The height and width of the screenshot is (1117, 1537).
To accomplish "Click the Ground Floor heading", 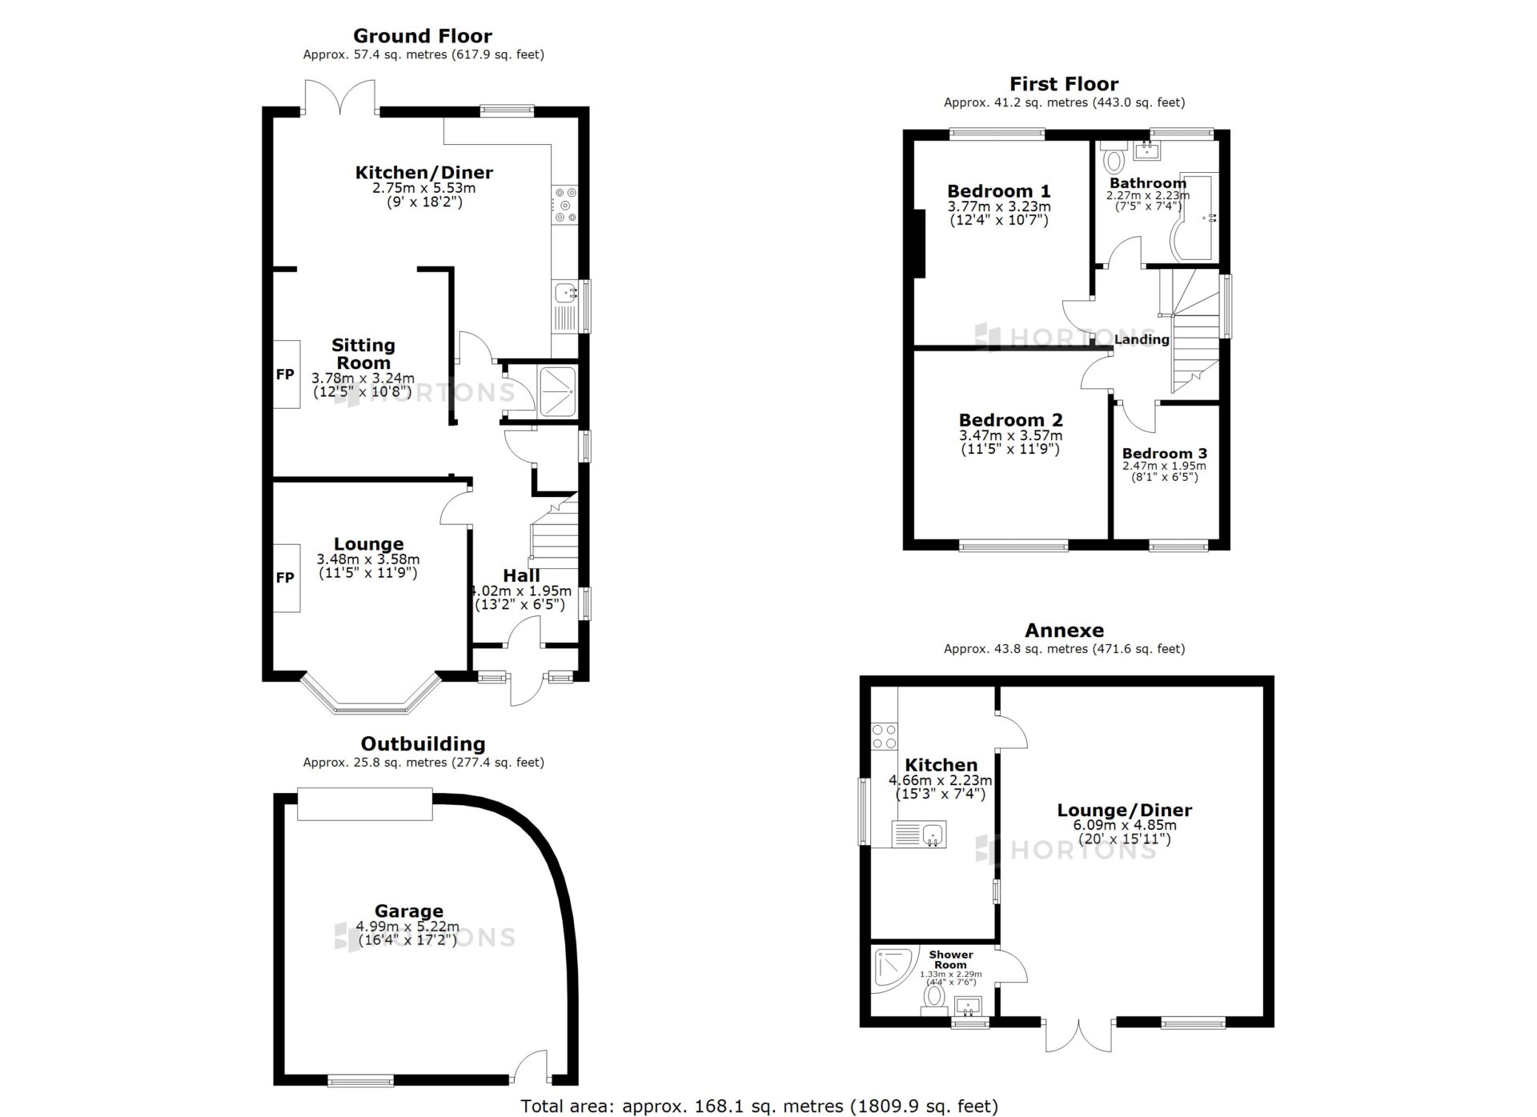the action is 423,36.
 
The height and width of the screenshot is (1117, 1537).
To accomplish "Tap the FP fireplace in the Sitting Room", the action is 286,374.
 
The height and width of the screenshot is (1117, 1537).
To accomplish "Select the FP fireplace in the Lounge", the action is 286,578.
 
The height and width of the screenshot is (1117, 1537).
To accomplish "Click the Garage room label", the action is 408,911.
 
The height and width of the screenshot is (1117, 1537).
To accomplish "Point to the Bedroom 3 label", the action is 1164,453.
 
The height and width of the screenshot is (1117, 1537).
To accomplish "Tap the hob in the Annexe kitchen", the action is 885,736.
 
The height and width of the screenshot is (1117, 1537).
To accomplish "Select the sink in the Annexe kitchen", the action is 920,835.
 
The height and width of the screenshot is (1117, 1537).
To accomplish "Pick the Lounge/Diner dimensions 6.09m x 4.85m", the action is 1124,825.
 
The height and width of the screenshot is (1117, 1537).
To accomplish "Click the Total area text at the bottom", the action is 759,1106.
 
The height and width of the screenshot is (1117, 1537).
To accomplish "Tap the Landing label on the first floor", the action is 1142,339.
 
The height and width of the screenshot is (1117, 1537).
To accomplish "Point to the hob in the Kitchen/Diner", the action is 565,205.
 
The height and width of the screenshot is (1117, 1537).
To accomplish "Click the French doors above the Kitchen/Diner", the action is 339,98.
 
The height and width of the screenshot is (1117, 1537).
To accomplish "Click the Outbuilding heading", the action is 423,744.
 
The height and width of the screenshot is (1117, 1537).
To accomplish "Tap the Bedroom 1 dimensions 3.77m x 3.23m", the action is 999,206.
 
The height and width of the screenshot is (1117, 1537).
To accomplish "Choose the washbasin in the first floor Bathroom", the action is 1147,150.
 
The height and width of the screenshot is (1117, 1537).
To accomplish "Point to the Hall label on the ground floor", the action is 521,575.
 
